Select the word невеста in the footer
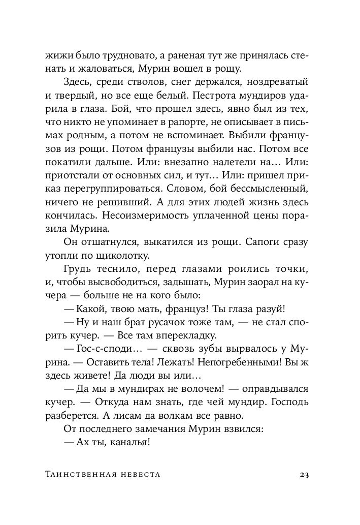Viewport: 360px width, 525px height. coord(138,475)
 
